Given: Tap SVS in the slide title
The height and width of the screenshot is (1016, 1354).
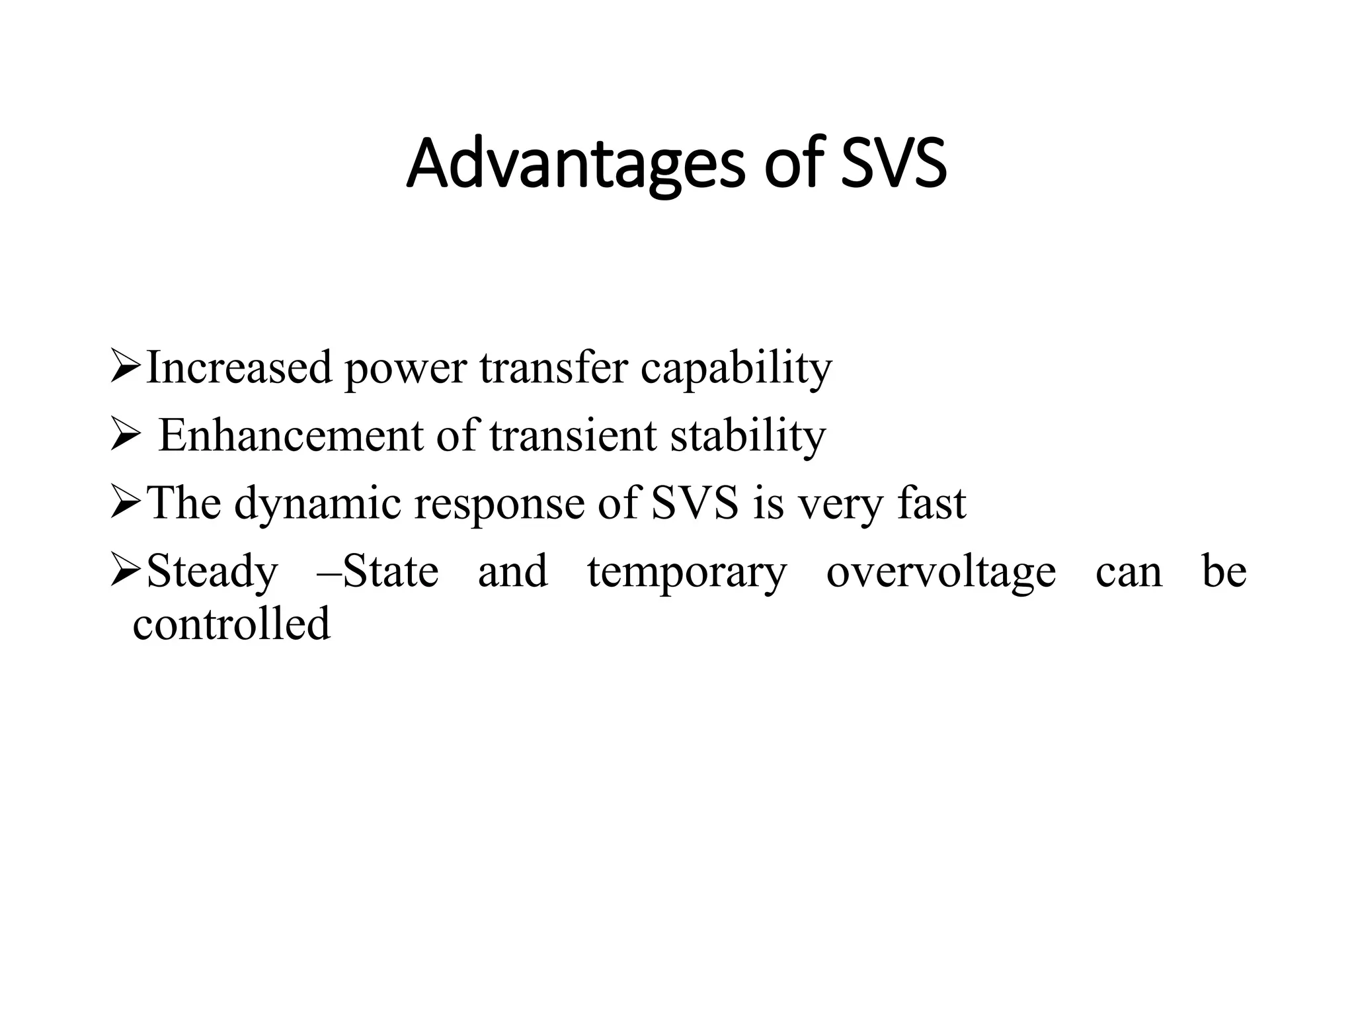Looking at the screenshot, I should (x=893, y=163).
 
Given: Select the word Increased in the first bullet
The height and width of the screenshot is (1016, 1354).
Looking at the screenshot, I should (x=239, y=368).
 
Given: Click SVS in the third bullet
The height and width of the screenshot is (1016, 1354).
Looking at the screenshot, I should (x=695, y=503).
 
